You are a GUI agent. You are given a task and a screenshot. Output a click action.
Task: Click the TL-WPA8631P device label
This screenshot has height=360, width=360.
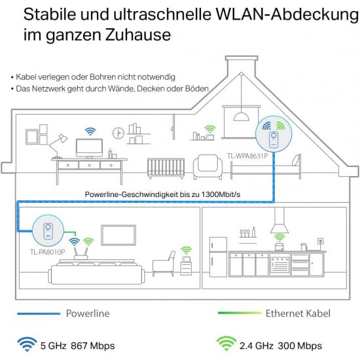[247, 156]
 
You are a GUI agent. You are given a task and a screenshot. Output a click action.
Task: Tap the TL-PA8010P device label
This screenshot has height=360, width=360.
[48, 252]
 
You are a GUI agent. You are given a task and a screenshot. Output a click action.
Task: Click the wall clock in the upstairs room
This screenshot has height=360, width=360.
[118, 133]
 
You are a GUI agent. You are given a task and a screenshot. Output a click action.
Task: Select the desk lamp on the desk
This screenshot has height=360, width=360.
[58, 146]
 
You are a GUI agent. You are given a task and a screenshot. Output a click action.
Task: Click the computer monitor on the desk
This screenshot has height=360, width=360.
[89, 149]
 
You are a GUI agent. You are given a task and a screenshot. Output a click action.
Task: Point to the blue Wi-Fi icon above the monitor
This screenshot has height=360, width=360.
[90, 132]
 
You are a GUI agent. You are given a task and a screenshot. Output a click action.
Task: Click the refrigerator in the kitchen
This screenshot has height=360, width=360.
[218, 257]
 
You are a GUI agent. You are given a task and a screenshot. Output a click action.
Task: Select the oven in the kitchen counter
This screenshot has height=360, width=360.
[279, 264]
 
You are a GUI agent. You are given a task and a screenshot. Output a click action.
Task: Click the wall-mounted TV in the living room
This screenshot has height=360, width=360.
[118, 235]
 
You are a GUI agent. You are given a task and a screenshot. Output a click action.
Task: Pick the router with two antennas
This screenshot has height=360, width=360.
[81, 253]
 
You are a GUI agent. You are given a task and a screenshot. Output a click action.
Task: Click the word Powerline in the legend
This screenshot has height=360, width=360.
[88, 314]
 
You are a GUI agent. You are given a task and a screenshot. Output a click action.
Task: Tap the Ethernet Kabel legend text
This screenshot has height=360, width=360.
[298, 314]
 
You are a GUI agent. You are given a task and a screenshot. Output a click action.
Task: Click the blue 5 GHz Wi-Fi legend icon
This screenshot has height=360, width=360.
[27, 344]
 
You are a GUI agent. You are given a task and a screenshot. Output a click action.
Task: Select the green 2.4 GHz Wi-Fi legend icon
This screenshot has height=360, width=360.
[226, 344]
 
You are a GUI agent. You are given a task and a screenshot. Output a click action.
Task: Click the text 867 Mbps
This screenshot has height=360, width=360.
[93, 346]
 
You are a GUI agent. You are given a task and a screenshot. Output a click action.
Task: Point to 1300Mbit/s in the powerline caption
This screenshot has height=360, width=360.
[221, 194]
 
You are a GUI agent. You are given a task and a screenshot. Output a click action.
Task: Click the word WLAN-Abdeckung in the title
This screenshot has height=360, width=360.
[287, 14]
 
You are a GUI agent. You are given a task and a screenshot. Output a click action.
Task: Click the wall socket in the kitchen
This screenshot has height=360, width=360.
[321, 241]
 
